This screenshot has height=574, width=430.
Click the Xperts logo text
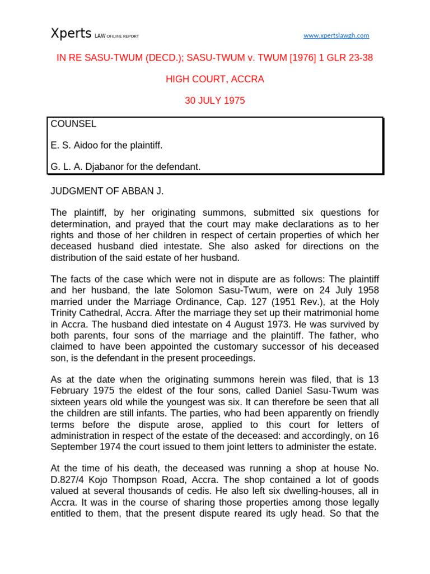(71, 34)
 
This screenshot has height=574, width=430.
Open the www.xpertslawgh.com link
(336, 35)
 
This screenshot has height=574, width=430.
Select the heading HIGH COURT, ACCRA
(215, 79)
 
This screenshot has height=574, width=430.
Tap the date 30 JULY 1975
(215, 101)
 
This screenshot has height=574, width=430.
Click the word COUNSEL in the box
(73, 124)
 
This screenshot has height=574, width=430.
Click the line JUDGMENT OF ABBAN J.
(107, 191)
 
